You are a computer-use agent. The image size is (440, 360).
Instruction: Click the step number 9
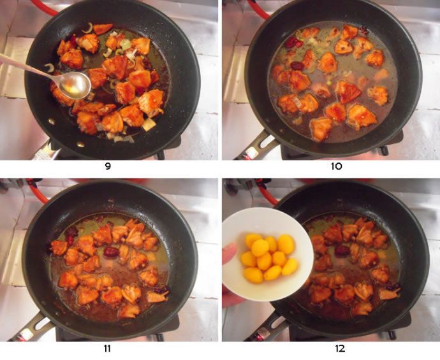click(x=108, y=166)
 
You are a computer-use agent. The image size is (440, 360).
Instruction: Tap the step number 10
click(x=336, y=166)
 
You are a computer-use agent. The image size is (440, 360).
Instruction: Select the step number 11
click(x=107, y=349)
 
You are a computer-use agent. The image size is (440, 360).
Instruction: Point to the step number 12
click(x=340, y=349)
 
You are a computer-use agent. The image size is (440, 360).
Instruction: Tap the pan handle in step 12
click(x=265, y=329)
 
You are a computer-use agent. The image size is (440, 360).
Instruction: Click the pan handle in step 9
click(x=45, y=150)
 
